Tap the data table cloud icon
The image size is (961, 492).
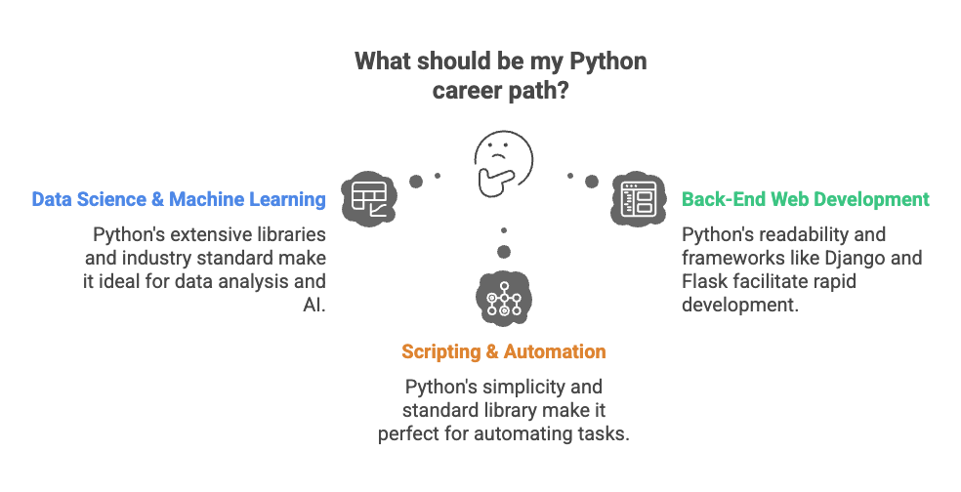click(x=368, y=198)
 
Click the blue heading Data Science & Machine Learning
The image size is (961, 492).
click(x=178, y=199)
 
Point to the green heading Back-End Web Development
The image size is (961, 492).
click(x=805, y=199)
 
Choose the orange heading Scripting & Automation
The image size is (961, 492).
click(x=503, y=351)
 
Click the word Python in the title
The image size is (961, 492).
click(x=607, y=61)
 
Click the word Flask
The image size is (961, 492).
click(x=705, y=282)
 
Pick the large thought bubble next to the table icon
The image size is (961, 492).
click(x=416, y=181)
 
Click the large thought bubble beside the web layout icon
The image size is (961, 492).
click(x=591, y=182)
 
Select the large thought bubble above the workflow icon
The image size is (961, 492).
click(x=503, y=251)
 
